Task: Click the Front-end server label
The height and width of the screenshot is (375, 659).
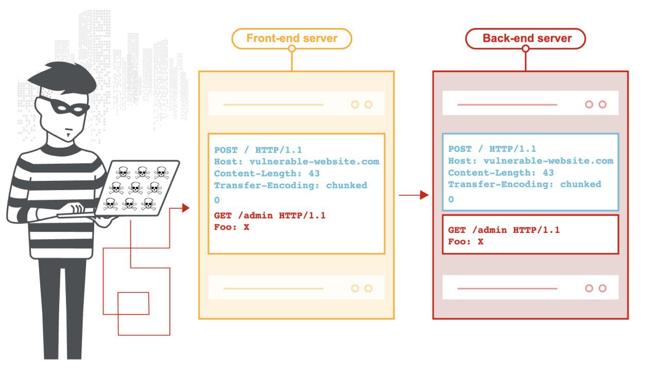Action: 291,38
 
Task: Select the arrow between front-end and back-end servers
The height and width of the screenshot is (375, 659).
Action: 413,195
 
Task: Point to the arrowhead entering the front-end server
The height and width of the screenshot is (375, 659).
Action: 186,208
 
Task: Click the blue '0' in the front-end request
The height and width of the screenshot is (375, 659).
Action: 217,200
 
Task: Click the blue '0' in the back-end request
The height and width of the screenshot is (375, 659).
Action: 451,199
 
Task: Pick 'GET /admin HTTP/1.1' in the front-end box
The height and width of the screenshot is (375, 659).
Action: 270,215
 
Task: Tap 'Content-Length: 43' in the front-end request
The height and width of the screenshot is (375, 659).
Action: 267,174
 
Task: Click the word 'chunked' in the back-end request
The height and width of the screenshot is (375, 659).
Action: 581,184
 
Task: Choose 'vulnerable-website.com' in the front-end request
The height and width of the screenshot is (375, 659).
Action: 315,161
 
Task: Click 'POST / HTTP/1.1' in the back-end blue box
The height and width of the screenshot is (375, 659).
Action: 492,149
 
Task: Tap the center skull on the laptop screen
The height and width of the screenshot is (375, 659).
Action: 135,188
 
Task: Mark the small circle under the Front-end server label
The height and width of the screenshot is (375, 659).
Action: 291,48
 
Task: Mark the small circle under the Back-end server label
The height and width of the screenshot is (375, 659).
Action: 526,48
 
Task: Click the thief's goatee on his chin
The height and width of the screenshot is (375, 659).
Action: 68,135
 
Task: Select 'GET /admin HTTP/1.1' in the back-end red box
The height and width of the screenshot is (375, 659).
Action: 504,230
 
